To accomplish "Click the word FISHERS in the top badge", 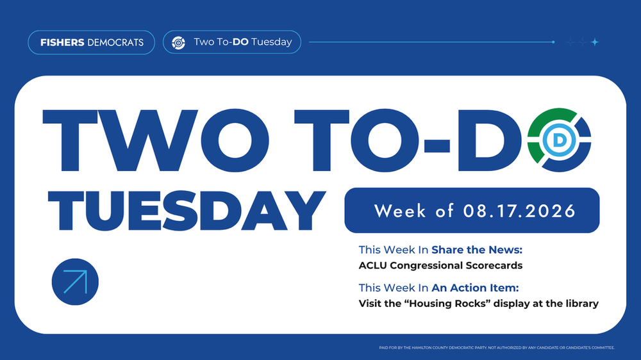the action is point(62,42).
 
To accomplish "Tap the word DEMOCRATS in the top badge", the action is point(115,42).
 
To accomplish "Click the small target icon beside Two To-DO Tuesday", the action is point(178,42).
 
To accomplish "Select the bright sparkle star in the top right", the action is point(595,42).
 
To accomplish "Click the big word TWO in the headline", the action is point(155,140).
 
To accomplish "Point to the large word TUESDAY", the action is point(187,211).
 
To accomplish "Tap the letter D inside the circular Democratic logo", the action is point(559,140).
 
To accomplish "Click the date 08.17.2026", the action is point(519,211).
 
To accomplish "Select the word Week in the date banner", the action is point(401,211).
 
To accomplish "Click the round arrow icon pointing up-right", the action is point(75,282).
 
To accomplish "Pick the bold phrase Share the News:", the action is point(477,250).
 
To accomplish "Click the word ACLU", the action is point(372,266).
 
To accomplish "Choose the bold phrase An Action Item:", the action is point(475,288).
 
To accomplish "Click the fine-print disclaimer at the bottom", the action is point(497,348).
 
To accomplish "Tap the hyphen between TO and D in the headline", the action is point(437,145).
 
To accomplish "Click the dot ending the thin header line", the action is point(553,42).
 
